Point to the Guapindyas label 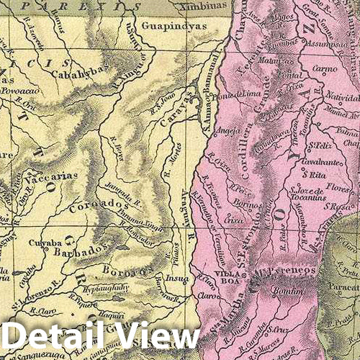point(175,24)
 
